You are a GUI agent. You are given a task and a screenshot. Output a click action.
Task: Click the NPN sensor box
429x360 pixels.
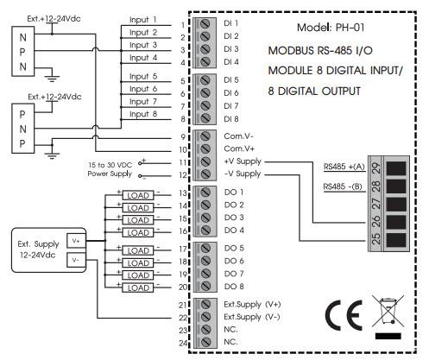click(23, 52)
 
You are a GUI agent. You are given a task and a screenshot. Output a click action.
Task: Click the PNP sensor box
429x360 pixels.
click(23, 129)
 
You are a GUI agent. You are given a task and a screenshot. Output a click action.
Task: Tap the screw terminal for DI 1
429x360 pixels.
click(205, 24)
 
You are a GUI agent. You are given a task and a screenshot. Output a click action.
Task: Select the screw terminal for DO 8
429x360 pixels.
click(205, 286)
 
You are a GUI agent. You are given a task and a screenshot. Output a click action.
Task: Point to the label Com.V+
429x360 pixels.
click(239, 148)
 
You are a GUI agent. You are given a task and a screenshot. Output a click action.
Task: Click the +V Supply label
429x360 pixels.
click(243, 161)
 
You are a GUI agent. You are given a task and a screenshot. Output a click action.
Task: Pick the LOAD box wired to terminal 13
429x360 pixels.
click(138, 195)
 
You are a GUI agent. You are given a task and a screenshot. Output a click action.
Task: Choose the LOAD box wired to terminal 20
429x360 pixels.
click(138, 287)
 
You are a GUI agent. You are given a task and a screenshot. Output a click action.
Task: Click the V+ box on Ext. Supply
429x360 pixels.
click(76, 241)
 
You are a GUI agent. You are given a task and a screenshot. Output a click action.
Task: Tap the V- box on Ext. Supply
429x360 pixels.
click(76, 260)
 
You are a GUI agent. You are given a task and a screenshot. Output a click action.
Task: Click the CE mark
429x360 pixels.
click(344, 315)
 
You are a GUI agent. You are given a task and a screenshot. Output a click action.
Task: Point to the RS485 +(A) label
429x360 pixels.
click(344, 167)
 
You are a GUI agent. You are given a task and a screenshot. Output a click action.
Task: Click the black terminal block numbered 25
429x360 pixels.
click(396, 240)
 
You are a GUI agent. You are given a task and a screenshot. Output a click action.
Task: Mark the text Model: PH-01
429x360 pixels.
click(331, 28)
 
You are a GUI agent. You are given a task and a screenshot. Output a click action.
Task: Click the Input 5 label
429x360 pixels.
click(143, 76)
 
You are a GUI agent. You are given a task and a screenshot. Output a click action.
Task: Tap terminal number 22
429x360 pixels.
click(183, 318)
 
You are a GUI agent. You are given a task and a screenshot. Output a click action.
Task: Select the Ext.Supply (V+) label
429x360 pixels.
click(252, 305)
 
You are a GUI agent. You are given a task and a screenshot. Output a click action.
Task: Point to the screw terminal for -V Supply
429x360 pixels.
click(205, 174)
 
